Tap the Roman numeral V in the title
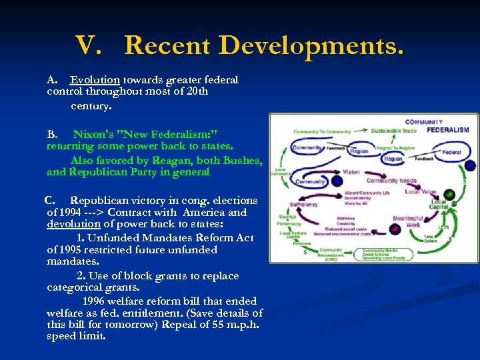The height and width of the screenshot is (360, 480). coord(88,45)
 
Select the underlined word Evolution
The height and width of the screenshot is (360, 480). coord(95,80)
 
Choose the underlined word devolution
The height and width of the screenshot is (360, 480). coord(73,224)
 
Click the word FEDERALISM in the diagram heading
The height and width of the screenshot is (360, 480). coord(448,130)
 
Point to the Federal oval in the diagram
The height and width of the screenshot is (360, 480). coord(451,153)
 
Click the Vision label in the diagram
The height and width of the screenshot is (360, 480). coord(352,172)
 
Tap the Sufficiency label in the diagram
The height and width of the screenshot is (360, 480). coord(304,205)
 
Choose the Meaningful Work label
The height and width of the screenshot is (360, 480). coord(407,221)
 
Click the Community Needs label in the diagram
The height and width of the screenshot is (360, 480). coord(391,181)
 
